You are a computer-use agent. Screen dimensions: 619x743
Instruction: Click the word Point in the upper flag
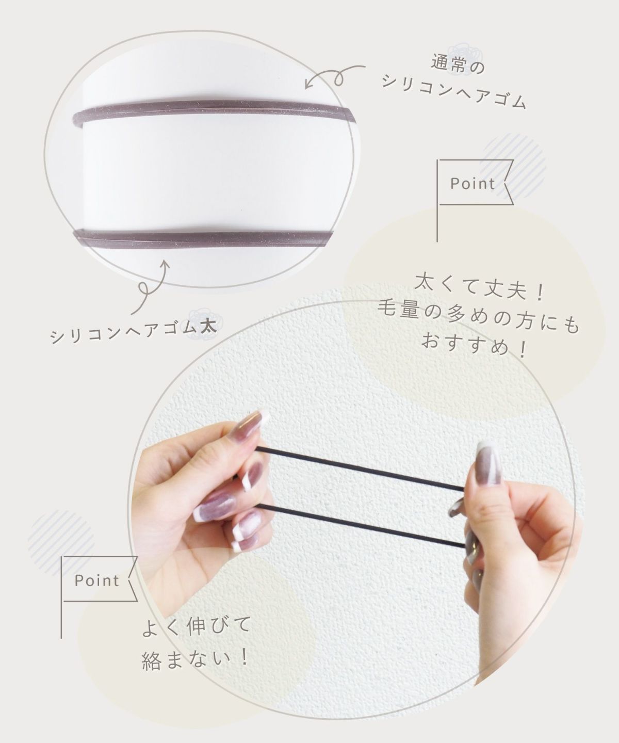[x=473, y=184]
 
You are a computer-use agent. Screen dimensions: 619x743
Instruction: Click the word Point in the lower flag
[x=97, y=580]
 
